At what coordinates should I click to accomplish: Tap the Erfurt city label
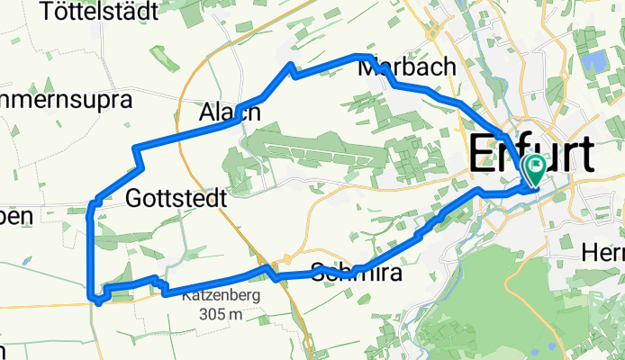click(x=531, y=155)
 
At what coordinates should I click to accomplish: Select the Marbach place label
click(x=405, y=68)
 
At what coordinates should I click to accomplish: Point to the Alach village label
click(x=230, y=112)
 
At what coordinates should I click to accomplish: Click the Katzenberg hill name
click(x=221, y=294)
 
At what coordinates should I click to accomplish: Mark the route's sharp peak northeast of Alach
click(x=290, y=65)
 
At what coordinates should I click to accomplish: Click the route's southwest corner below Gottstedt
click(x=91, y=295)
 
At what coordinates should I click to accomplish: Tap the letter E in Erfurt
click(x=483, y=155)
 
